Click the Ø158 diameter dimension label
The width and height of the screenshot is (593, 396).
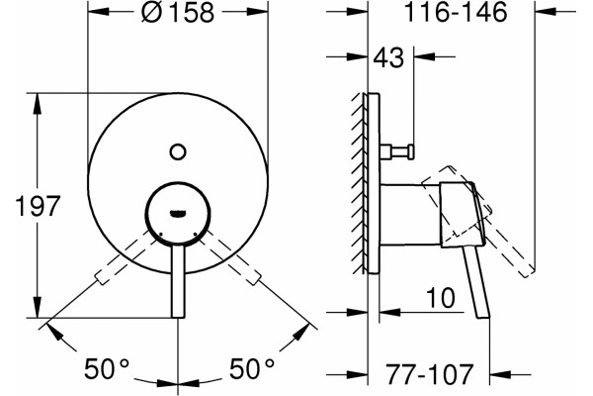[x=177, y=12]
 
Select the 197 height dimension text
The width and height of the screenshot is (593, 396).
[x=38, y=206]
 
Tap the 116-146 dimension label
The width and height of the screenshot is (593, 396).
[x=456, y=12]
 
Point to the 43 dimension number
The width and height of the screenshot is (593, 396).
[x=388, y=58]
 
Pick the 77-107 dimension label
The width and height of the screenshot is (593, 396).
[x=429, y=374]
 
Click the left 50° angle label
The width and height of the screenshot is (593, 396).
[x=107, y=368]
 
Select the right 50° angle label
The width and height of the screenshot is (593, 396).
[x=252, y=368]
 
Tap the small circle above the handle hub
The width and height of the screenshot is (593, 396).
[x=177, y=151]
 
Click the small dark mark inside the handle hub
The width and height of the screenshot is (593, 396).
[x=177, y=214]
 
